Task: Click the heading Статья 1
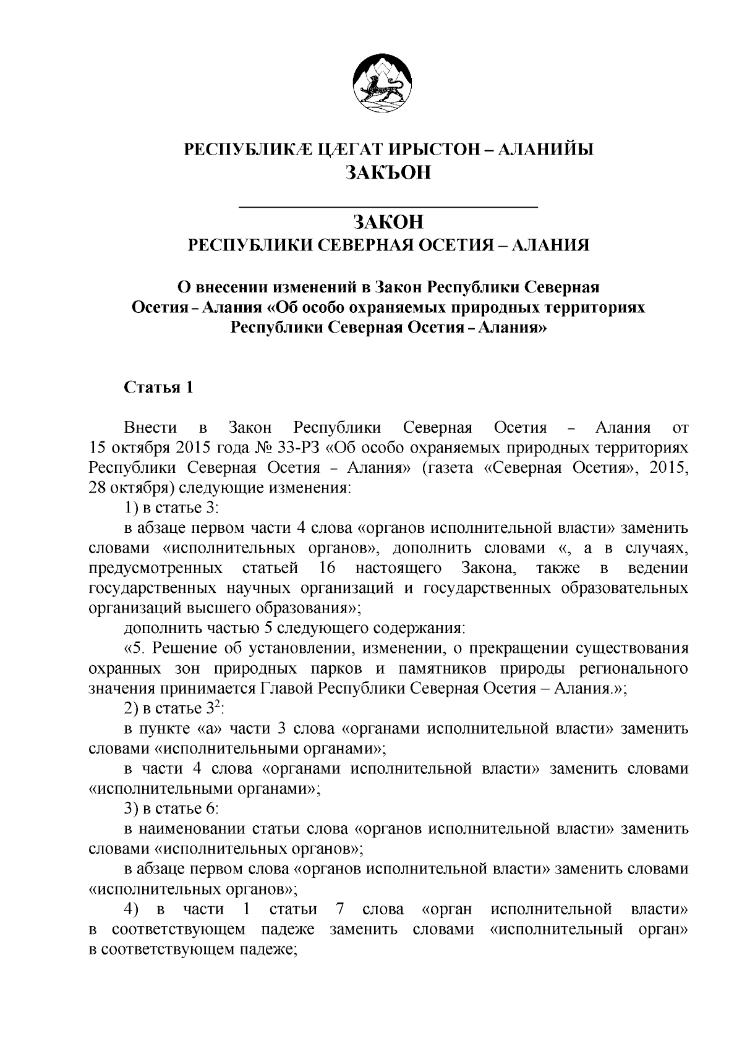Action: click(159, 387)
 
